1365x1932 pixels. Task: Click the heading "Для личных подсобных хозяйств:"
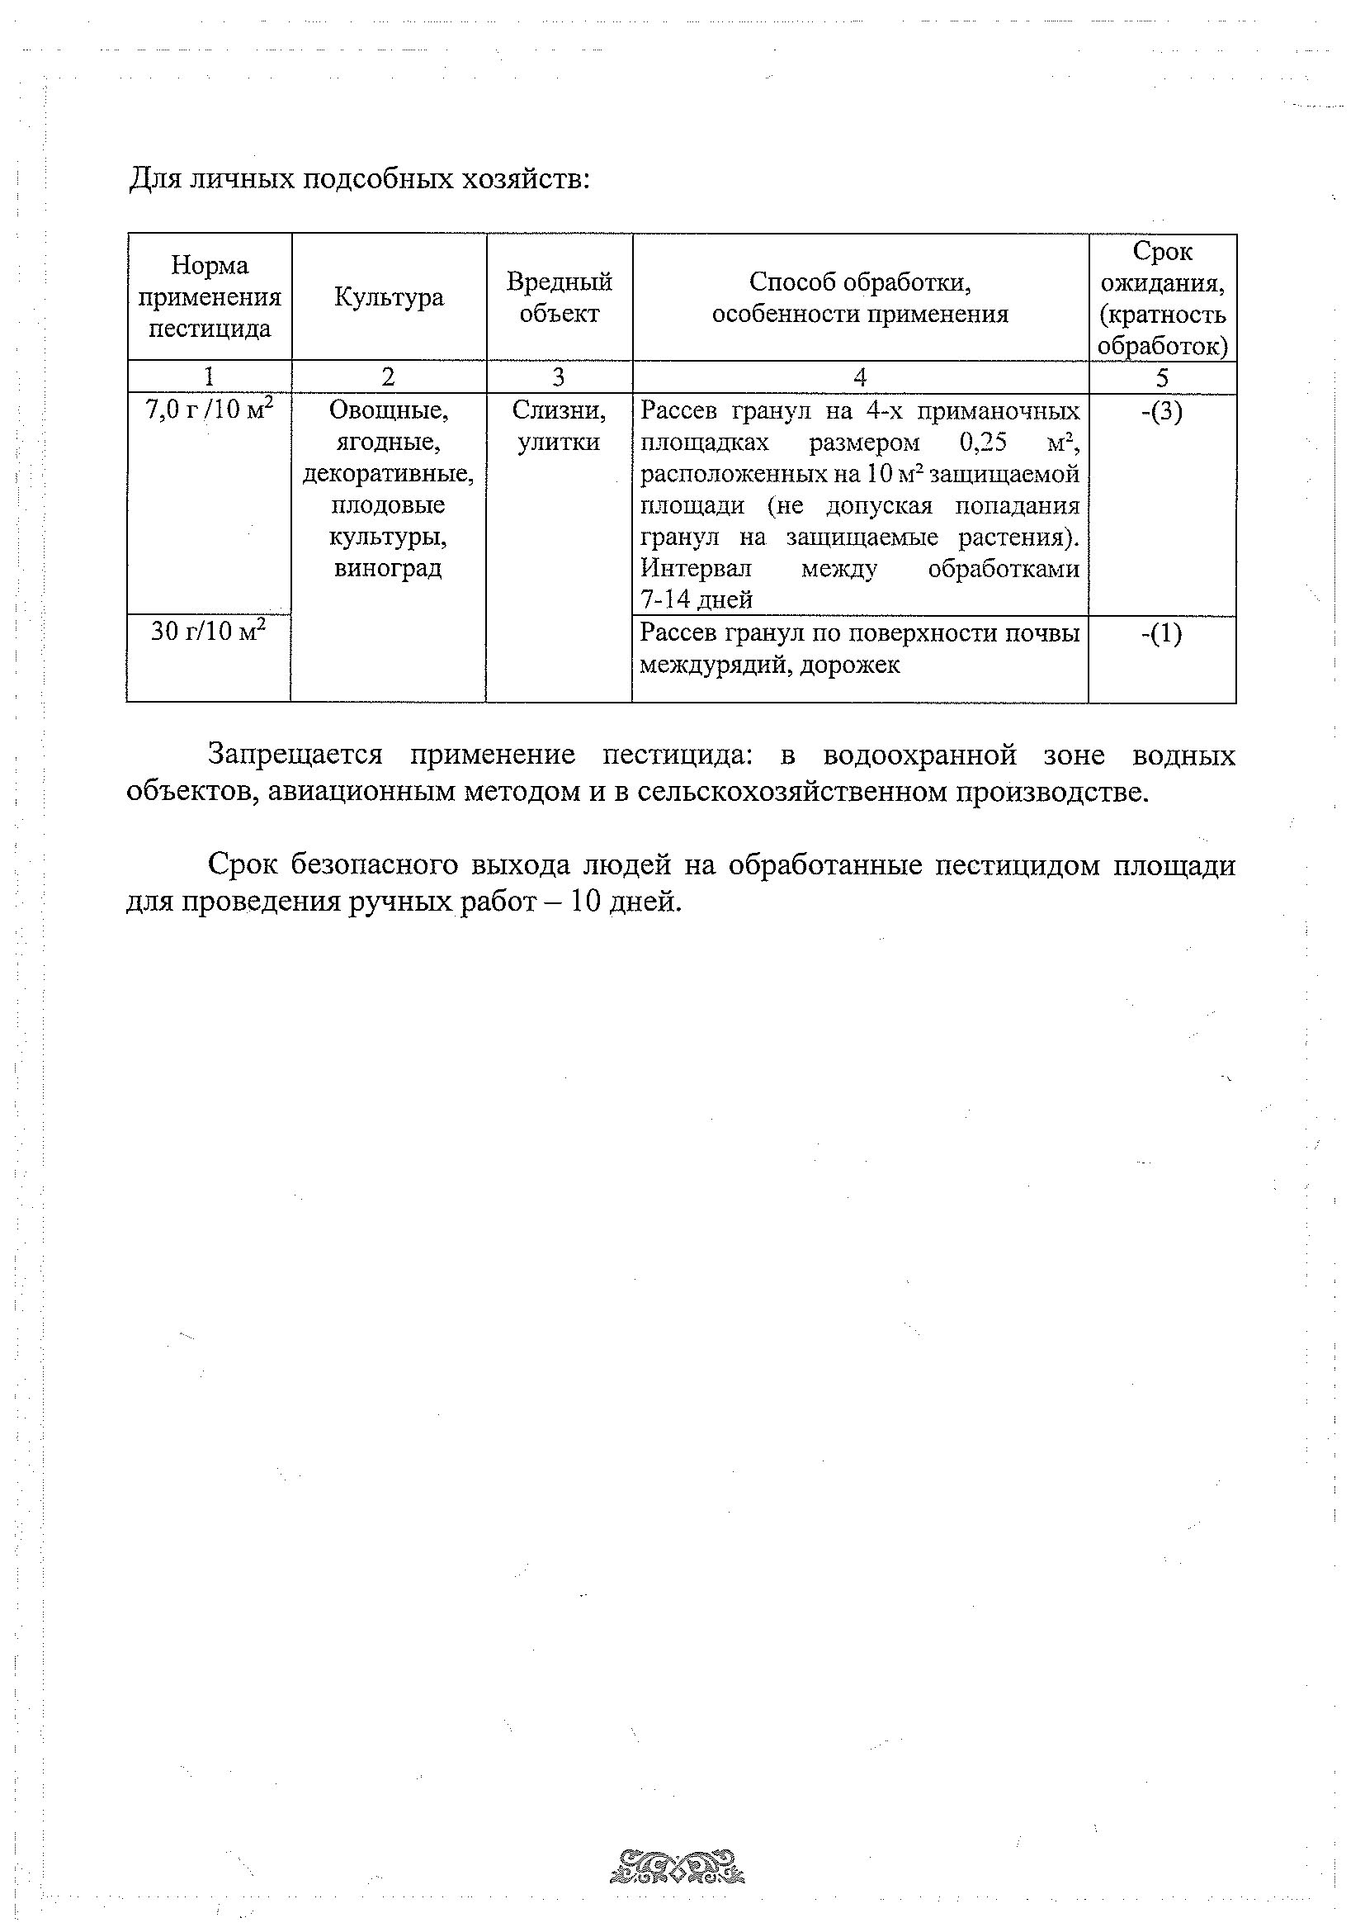click(x=359, y=179)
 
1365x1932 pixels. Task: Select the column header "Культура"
click(x=389, y=298)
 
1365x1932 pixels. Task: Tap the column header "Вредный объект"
click(x=560, y=298)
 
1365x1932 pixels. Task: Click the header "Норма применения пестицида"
click(x=210, y=297)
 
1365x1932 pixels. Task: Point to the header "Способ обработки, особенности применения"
click(x=860, y=298)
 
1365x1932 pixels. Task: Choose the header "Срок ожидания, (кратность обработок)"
click(x=1162, y=298)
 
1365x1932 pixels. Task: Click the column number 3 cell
click(x=560, y=377)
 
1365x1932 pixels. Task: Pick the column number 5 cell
click(x=1162, y=377)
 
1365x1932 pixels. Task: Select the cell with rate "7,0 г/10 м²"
click(x=210, y=410)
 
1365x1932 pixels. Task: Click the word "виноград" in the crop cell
click(x=388, y=568)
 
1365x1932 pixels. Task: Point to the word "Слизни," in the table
click(x=560, y=410)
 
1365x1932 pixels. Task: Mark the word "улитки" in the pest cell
click(x=560, y=443)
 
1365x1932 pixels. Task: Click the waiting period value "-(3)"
click(x=1162, y=412)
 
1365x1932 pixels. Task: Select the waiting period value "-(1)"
click(x=1161, y=633)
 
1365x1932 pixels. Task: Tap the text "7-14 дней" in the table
click(x=697, y=599)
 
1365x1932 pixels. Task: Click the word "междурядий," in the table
click(x=716, y=665)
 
